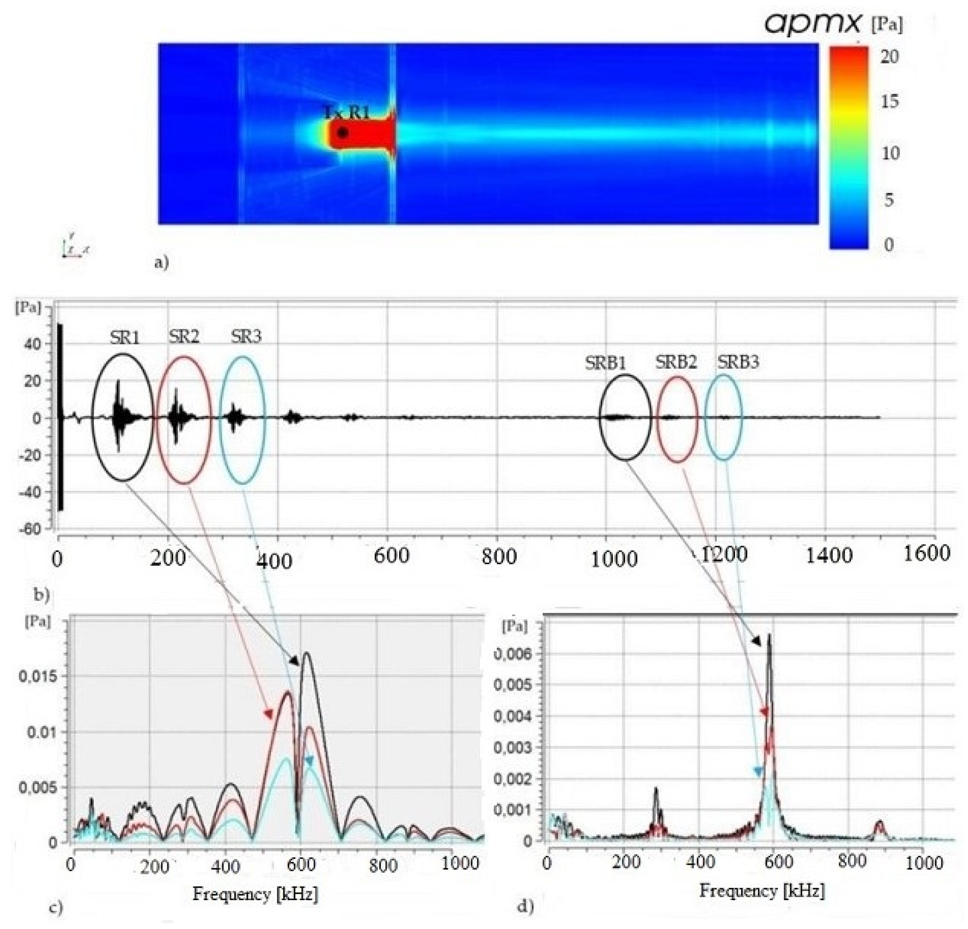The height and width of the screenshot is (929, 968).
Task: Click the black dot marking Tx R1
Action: click(342, 132)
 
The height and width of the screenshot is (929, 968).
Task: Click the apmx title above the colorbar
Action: click(812, 23)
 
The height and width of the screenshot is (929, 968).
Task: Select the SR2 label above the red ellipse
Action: click(184, 337)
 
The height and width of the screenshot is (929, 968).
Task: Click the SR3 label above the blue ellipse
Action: click(246, 337)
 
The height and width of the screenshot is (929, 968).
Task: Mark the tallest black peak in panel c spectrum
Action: click(307, 653)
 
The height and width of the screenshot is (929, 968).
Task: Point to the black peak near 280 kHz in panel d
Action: click(656, 790)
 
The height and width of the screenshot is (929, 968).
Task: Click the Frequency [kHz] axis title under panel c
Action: click(255, 894)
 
